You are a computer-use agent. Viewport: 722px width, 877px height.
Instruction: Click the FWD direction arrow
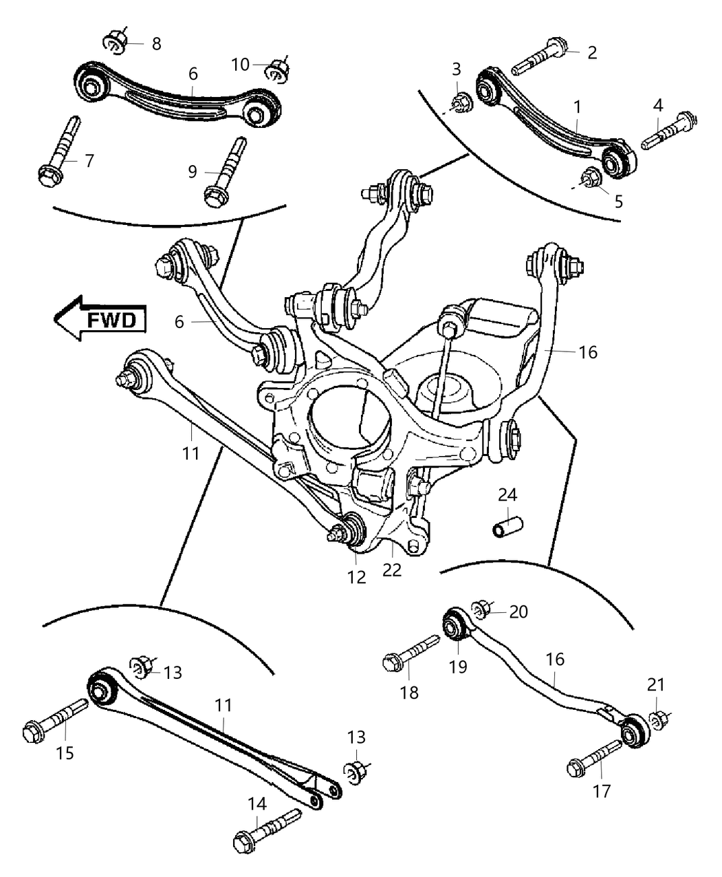coord(102,318)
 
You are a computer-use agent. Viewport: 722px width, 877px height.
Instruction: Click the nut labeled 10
coord(278,69)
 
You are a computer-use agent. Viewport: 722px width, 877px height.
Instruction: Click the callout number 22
coord(392,570)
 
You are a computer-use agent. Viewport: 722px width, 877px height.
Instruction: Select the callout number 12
coord(356,577)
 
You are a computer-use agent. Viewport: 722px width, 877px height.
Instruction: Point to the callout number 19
coord(458,666)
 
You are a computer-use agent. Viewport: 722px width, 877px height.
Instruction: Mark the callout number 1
coord(578,107)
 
